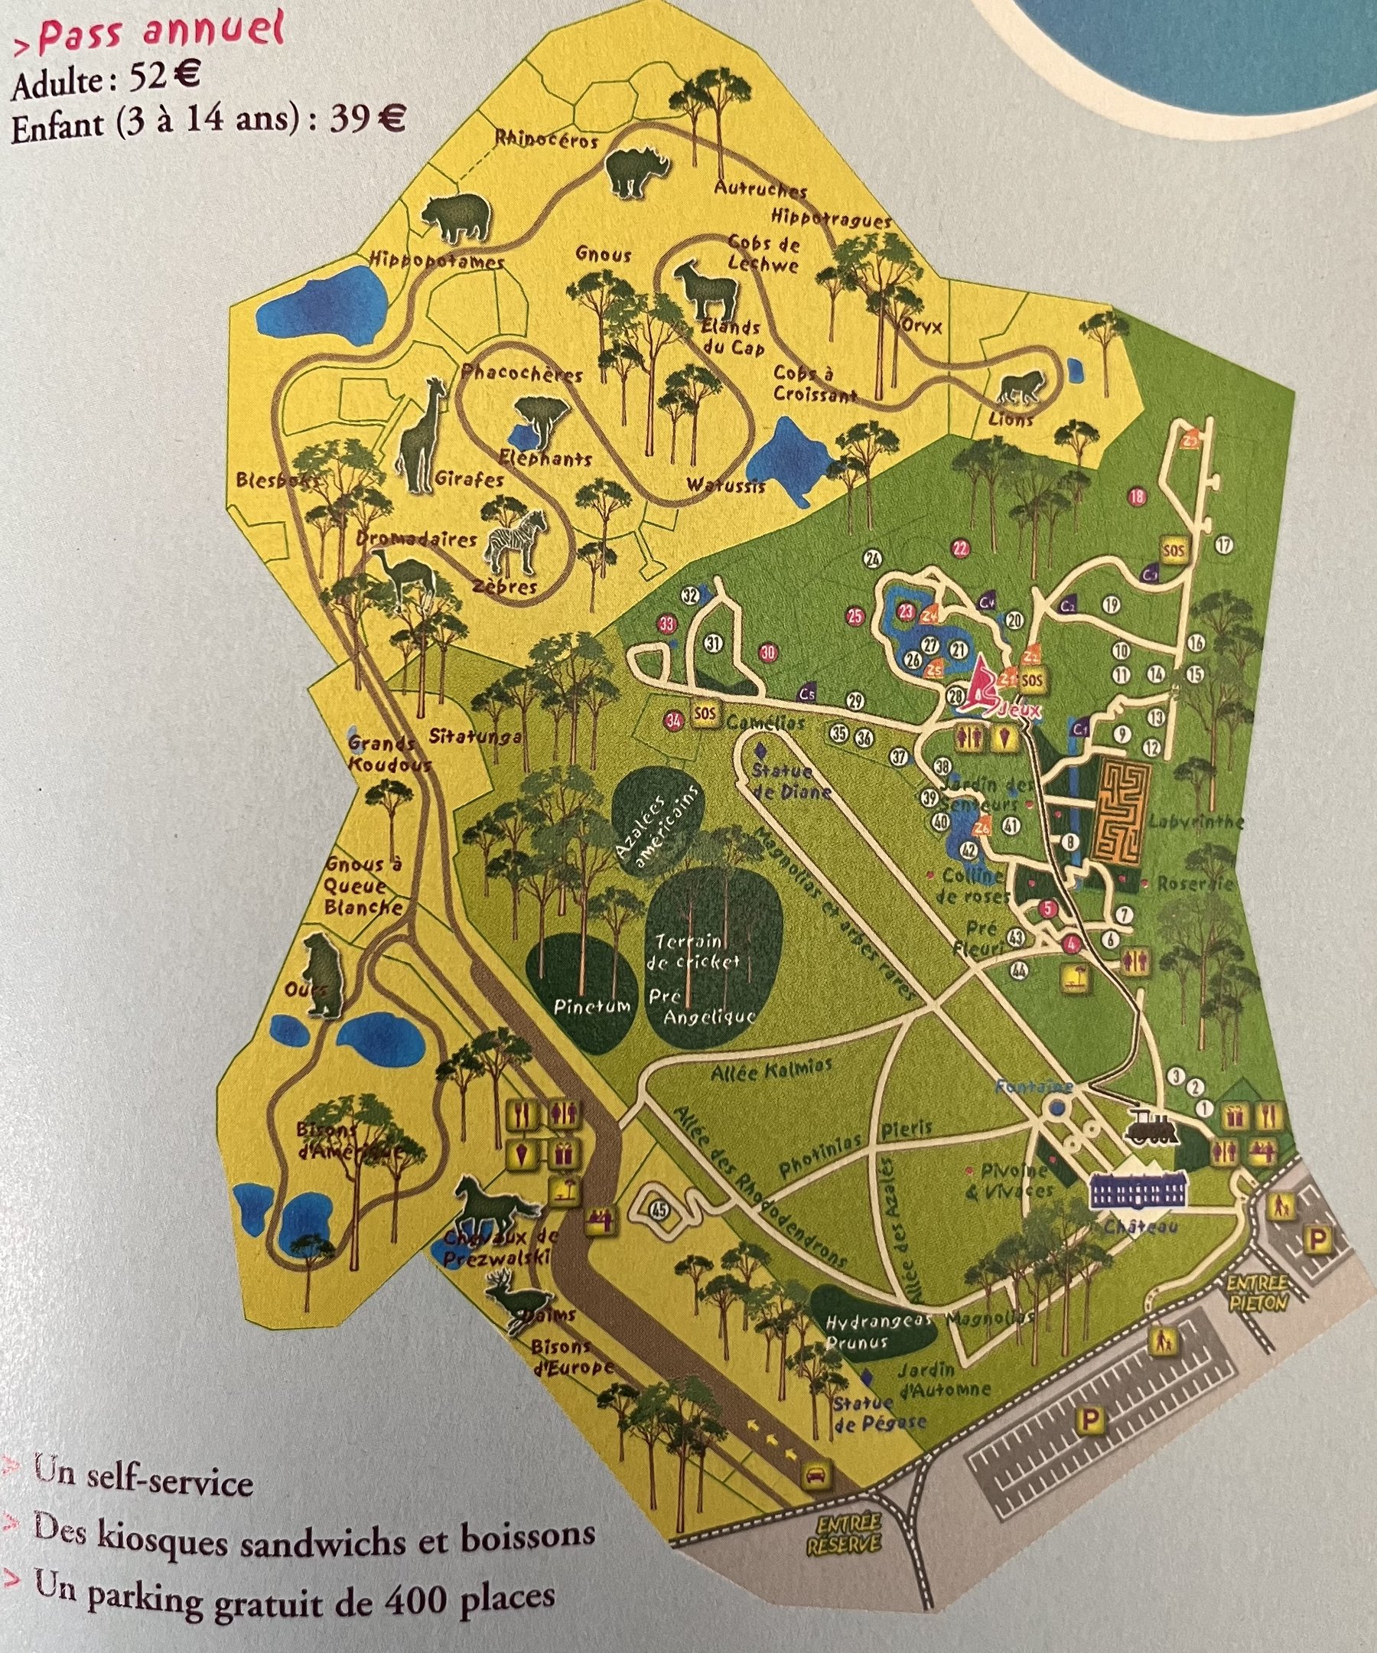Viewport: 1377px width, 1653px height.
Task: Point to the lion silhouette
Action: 1024,387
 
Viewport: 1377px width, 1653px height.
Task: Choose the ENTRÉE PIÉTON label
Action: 1258,1296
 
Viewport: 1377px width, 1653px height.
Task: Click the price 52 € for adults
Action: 168,79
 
